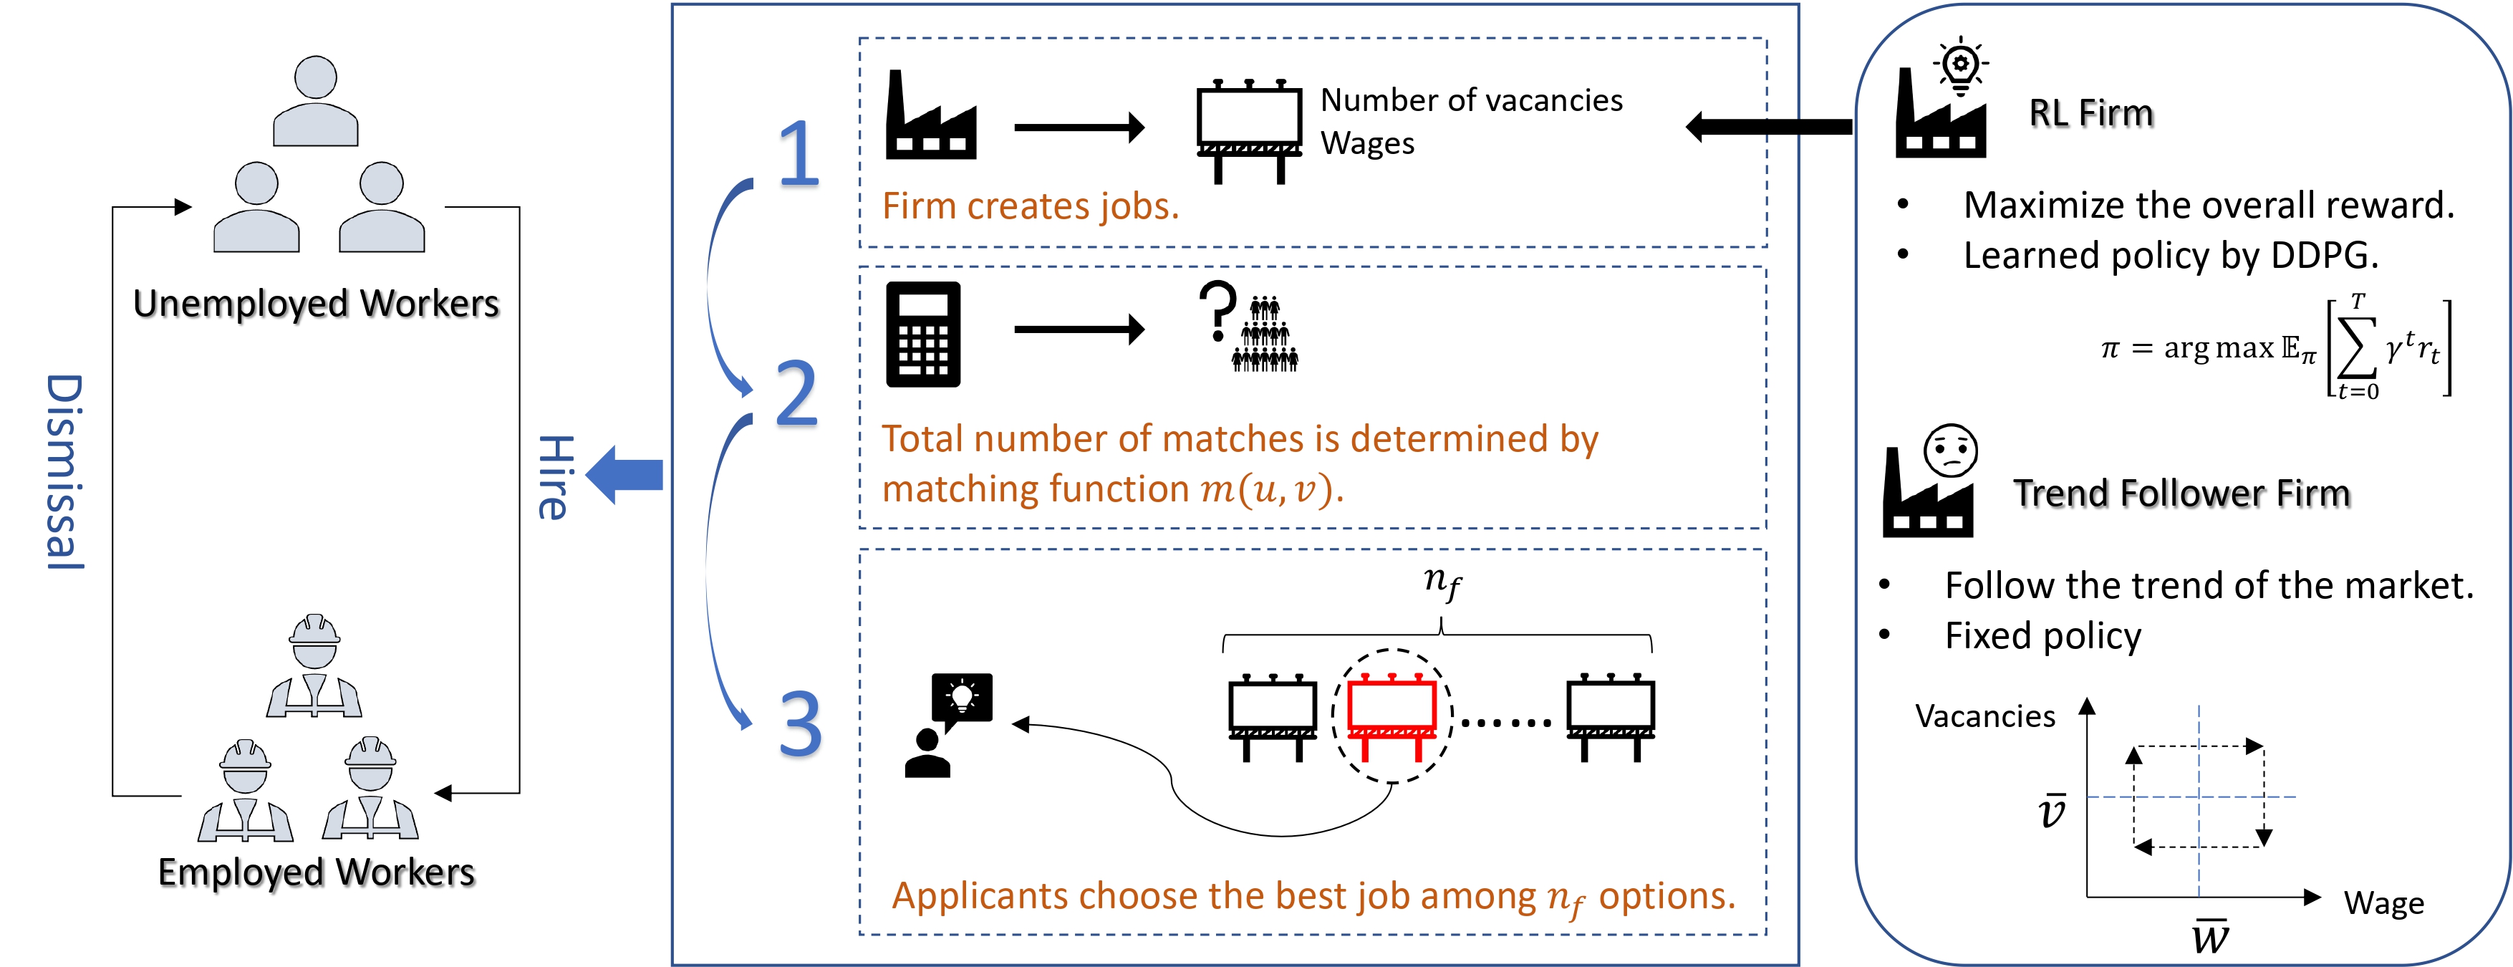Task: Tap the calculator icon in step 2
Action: pyautogui.click(x=923, y=335)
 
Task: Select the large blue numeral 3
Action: pyautogui.click(x=800, y=724)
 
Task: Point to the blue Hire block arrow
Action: pyautogui.click(x=624, y=475)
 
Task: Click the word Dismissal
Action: pyautogui.click(x=65, y=472)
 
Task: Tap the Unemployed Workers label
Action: pyautogui.click(x=316, y=304)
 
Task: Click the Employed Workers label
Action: pyautogui.click(x=316, y=871)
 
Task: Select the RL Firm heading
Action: pyautogui.click(x=2090, y=113)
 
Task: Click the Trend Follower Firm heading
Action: pyautogui.click(x=2181, y=494)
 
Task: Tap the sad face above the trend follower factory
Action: pyautogui.click(x=1950, y=451)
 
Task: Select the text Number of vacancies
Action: pyautogui.click(x=1471, y=100)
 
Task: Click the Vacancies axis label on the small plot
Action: pyautogui.click(x=1984, y=716)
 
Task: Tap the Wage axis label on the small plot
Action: pyautogui.click(x=2383, y=903)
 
